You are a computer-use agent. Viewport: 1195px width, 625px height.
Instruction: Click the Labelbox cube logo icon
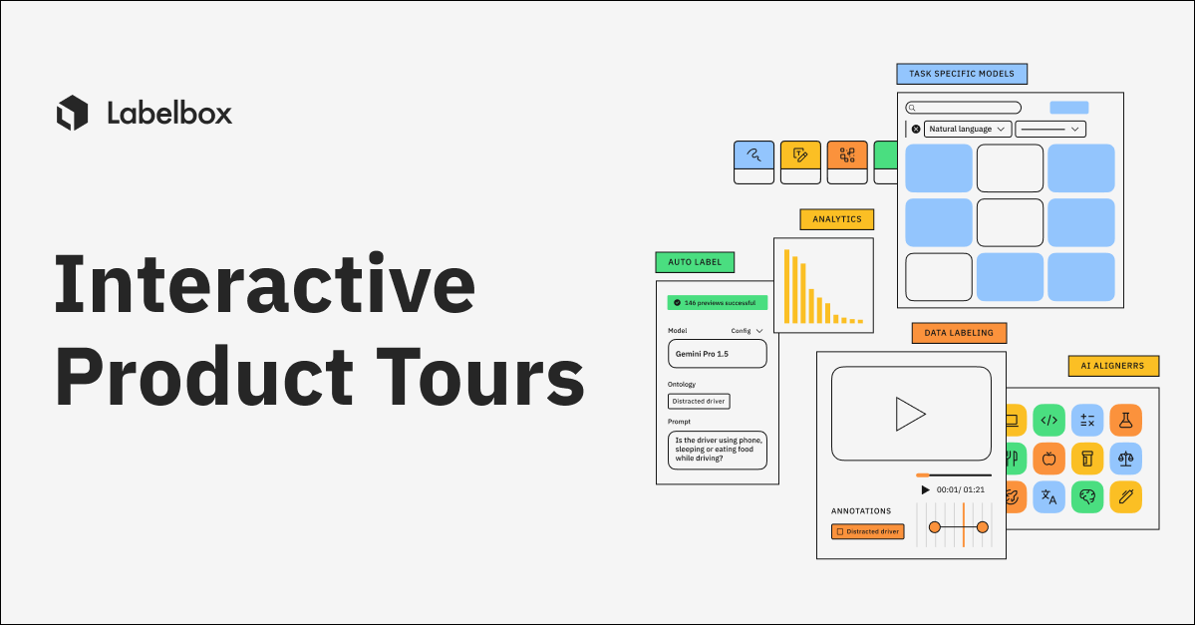pos(73,113)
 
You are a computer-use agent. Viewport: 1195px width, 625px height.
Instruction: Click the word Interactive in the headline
pos(264,286)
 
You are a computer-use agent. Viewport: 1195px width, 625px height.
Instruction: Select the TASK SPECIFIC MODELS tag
pos(962,74)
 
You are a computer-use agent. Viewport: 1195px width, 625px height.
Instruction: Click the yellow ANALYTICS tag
pos(837,219)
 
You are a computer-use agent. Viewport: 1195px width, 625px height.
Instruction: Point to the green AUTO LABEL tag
pos(695,263)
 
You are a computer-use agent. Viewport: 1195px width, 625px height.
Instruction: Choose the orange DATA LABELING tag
pos(959,333)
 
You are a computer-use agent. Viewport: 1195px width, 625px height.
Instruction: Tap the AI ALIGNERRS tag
pos(1112,366)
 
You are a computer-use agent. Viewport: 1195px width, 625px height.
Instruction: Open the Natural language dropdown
pos(968,129)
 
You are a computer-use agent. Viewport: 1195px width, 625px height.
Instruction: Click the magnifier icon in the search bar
pos(912,108)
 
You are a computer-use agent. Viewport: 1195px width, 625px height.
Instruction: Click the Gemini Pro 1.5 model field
pos(717,354)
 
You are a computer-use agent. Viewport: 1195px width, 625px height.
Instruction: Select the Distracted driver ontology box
pos(699,401)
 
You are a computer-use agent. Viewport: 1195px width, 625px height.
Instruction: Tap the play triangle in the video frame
pos(909,414)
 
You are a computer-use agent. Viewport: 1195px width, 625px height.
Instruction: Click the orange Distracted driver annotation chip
pos(867,531)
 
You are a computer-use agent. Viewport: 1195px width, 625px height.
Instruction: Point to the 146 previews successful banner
pos(718,301)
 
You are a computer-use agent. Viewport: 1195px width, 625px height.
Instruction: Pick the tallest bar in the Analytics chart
pos(786,286)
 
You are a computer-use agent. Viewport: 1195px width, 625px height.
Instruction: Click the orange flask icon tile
pos(1125,420)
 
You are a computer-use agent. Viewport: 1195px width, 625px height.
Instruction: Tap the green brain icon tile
pos(1086,495)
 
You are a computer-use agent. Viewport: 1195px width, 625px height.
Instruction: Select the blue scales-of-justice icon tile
pos(1125,459)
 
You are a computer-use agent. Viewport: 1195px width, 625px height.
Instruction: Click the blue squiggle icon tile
pos(753,155)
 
